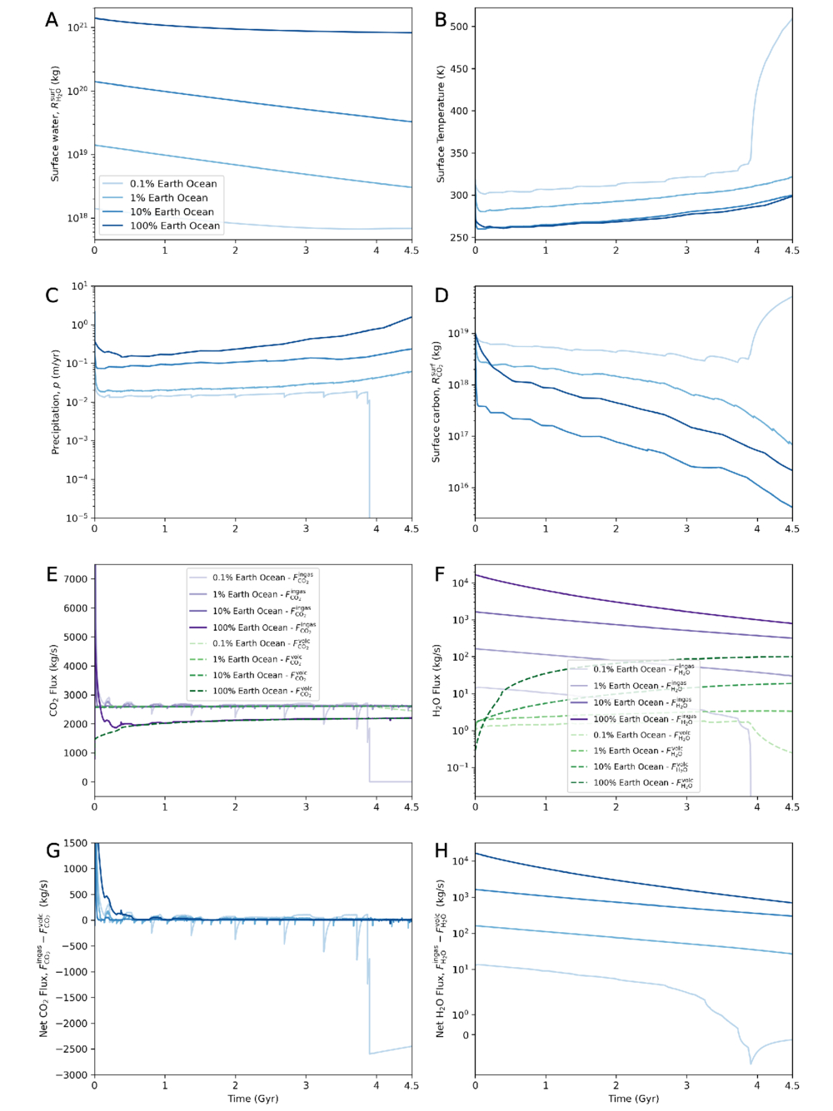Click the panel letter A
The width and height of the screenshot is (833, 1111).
click(52, 21)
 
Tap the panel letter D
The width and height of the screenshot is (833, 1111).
click(441, 295)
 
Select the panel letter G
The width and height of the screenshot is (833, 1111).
click(52, 851)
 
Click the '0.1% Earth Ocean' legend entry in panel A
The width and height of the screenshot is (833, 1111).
click(172, 184)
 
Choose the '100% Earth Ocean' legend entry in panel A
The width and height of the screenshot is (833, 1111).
click(174, 226)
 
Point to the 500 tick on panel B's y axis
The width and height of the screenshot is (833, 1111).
click(459, 27)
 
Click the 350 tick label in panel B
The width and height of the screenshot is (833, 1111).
click(459, 153)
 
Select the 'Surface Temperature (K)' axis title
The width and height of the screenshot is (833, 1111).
click(441, 125)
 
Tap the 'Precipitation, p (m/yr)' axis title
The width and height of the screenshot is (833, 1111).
click(56, 402)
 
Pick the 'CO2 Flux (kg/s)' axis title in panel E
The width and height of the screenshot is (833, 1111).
click(54, 680)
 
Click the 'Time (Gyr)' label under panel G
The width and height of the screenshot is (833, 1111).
click(252, 1099)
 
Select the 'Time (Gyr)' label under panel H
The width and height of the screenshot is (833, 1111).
click(633, 1099)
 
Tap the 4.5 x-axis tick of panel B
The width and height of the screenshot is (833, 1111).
click(791, 250)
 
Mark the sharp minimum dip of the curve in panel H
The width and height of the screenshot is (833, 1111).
click(751, 1063)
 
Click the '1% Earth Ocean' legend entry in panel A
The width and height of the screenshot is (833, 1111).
click(168, 198)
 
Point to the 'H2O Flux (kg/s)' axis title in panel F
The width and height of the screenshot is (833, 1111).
click(437, 680)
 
